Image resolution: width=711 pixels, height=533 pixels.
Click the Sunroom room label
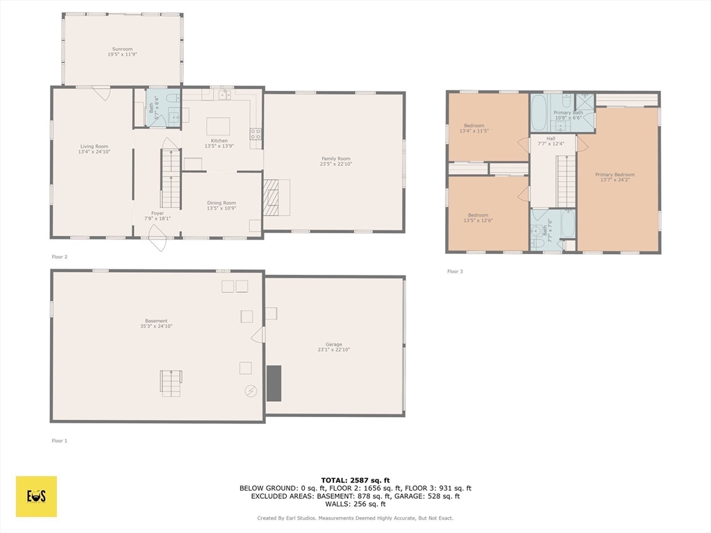(122, 49)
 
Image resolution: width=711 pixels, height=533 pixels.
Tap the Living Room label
(94, 146)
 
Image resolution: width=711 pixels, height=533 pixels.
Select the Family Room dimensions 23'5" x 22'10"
(335, 164)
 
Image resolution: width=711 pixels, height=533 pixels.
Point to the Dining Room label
(221, 203)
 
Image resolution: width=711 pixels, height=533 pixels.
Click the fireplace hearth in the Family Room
(271, 198)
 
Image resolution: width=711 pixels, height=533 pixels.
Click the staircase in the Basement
(171, 383)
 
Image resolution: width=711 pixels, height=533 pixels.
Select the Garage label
(334, 344)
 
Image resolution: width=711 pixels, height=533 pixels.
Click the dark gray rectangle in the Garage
(274, 383)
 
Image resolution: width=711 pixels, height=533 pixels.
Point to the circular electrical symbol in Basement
(250, 391)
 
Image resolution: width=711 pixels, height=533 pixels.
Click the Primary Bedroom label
(614, 175)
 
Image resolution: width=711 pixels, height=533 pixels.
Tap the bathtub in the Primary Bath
(539, 113)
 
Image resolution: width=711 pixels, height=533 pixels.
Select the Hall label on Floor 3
(551, 138)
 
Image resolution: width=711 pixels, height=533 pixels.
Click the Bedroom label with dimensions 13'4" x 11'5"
(474, 126)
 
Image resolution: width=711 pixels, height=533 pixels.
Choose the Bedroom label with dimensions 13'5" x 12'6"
(478, 215)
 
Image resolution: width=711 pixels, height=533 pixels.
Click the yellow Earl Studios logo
(36, 496)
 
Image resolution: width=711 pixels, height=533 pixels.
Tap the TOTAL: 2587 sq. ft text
(355, 480)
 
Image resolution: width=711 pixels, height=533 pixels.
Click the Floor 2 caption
(60, 257)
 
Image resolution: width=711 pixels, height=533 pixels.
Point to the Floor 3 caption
(455, 271)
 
